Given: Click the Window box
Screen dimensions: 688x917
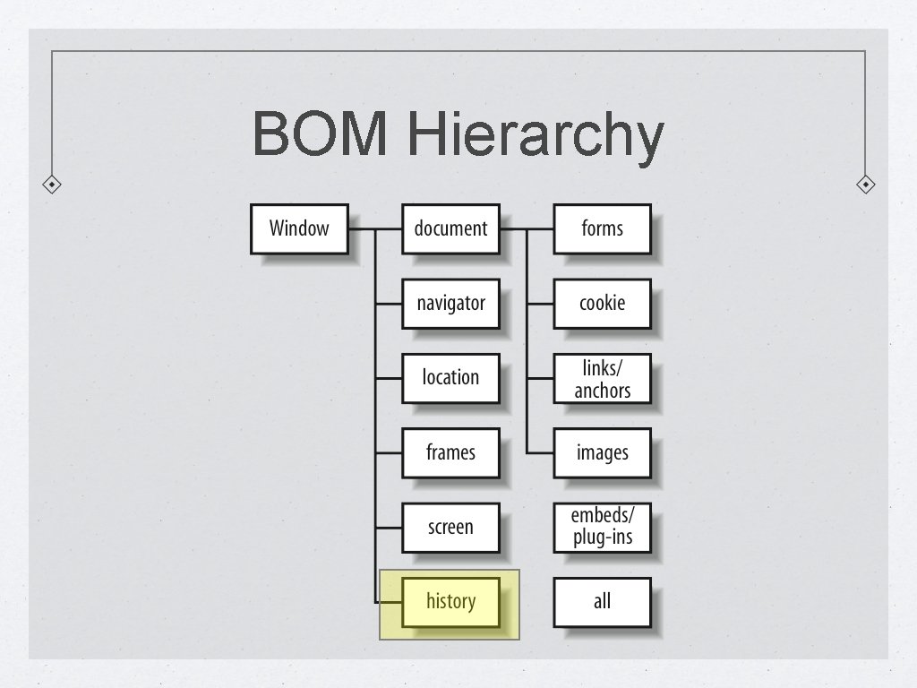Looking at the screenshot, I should click(x=299, y=228).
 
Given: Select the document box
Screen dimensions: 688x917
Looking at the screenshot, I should click(x=450, y=228).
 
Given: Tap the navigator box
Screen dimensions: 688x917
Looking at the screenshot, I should click(x=450, y=304).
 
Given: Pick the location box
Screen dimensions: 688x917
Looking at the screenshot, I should click(x=450, y=378).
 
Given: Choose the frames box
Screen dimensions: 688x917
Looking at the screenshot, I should click(x=450, y=452).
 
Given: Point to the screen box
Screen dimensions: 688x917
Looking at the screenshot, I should click(x=450, y=527).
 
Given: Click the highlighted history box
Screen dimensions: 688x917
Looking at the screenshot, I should click(x=450, y=602).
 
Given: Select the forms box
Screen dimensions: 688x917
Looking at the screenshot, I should click(x=602, y=228).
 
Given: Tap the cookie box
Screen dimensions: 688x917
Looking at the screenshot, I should click(x=602, y=304).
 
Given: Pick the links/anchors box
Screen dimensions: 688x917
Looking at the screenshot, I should click(x=602, y=378).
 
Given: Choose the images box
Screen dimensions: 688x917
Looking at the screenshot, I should click(x=602, y=452).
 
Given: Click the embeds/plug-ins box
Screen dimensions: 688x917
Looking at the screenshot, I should click(x=602, y=527).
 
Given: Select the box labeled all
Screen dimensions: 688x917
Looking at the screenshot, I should click(x=602, y=602).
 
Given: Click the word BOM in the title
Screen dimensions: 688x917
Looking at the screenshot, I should click(x=320, y=134).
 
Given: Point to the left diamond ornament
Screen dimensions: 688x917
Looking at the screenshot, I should click(x=53, y=185).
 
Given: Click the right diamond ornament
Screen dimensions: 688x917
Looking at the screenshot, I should click(x=865, y=185).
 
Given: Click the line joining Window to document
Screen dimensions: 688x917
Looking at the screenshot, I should click(x=374, y=228).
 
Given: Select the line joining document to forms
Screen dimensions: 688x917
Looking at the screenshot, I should click(x=527, y=228).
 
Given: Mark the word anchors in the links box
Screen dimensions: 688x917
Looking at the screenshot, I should click(x=602, y=391).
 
